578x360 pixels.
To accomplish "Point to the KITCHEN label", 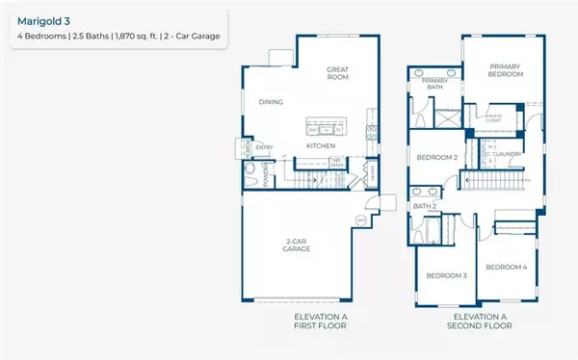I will [320, 146].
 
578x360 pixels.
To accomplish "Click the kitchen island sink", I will [328, 129].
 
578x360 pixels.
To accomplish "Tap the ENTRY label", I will [264, 148].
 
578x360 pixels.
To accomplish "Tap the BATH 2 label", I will [426, 205].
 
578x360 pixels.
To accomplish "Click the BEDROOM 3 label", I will [447, 276].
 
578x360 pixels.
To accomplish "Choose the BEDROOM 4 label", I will [506, 267].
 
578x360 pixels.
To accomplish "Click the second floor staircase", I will [496, 181].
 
